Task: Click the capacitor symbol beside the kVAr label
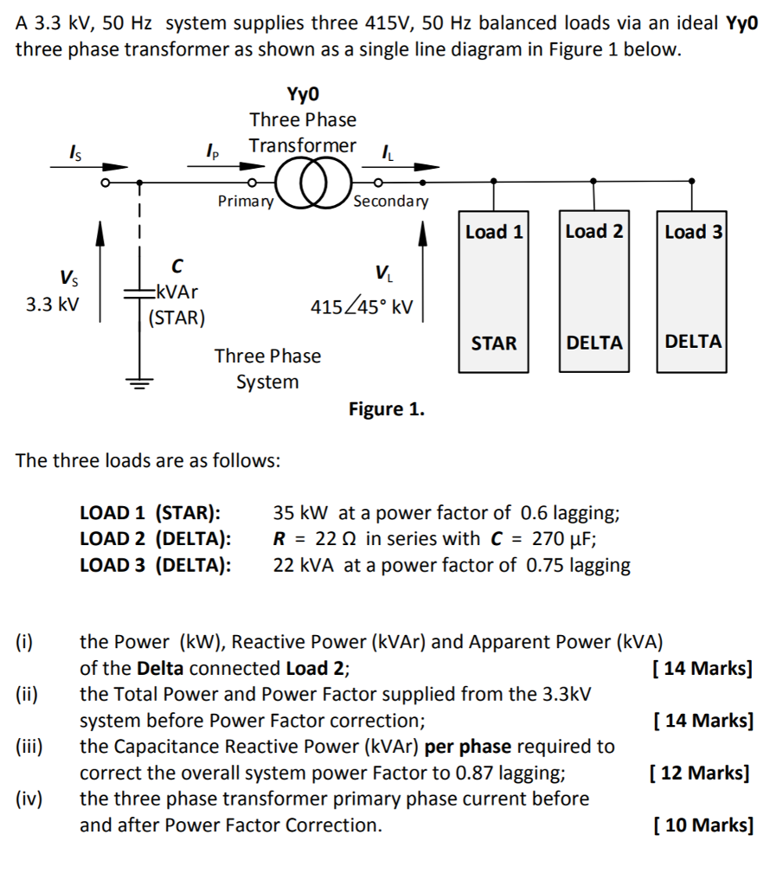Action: click(x=138, y=294)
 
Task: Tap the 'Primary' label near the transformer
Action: click(x=245, y=202)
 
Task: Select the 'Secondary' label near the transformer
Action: click(x=390, y=202)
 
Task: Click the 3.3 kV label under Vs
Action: click(x=53, y=305)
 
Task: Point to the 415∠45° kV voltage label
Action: click(x=363, y=307)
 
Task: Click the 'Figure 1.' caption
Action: click(x=387, y=409)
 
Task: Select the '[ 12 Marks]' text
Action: click(x=699, y=773)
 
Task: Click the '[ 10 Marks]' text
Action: click(x=703, y=825)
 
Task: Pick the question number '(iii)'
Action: click(x=30, y=747)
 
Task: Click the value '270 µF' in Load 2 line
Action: click(x=562, y=539)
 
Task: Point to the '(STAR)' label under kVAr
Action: click(x=177, y=318)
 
